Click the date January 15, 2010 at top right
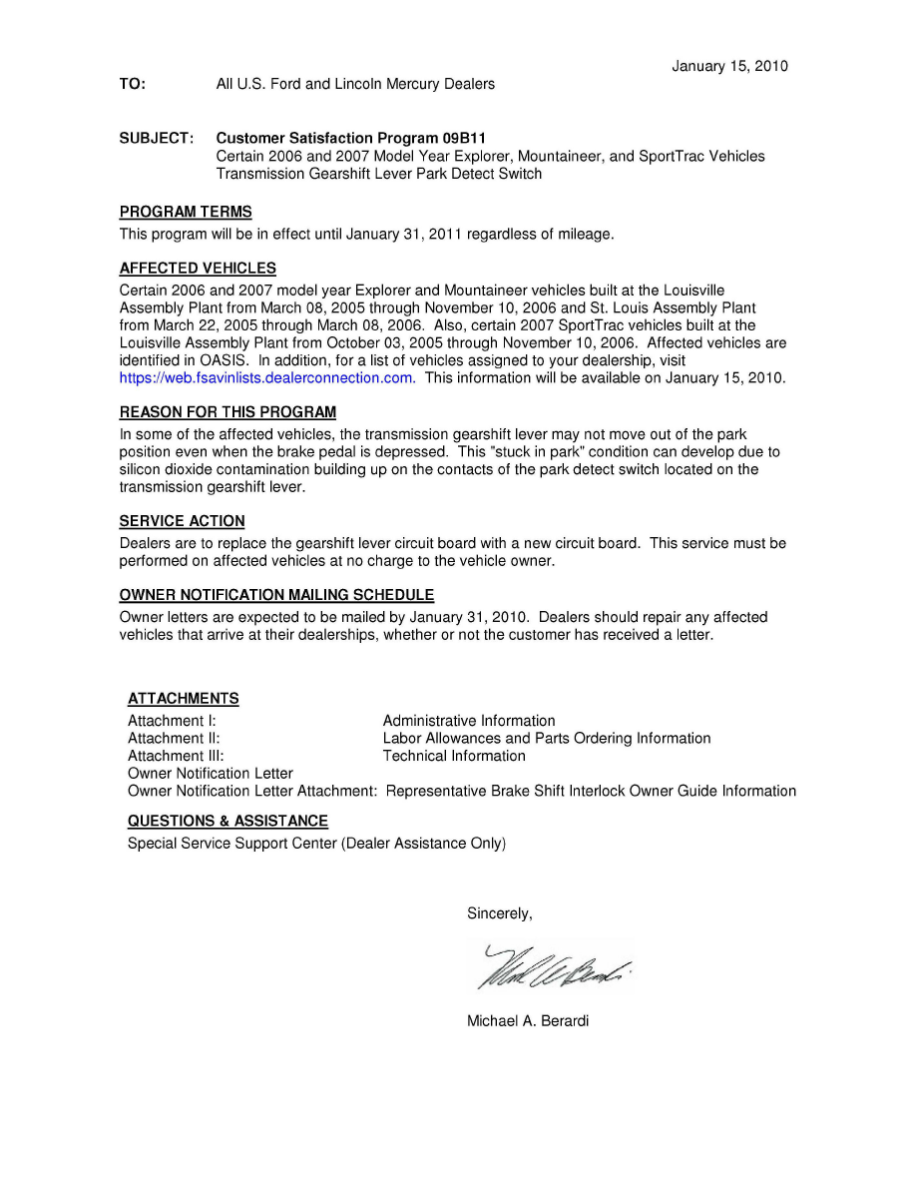(x=729, y=67)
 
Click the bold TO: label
(x=133, y=85)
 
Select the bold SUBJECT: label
(x=157, y=138)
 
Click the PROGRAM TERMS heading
(x=186, y=213)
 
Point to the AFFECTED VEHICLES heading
(x=198, y=269)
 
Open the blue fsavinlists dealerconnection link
(x=266, y=378)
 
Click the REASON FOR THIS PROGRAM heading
(x=228, y=412)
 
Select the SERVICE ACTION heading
(x=182, y=521)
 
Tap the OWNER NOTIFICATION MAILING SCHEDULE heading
(x=276, y=595)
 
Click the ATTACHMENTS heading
(x=184, y=699)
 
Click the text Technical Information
(x=454, y=757)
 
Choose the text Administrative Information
(x=469, y=721)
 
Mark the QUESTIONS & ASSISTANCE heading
(x=228, y=822)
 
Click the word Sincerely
(x=499, y=913)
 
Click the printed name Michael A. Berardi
(x=528, y=1021)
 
